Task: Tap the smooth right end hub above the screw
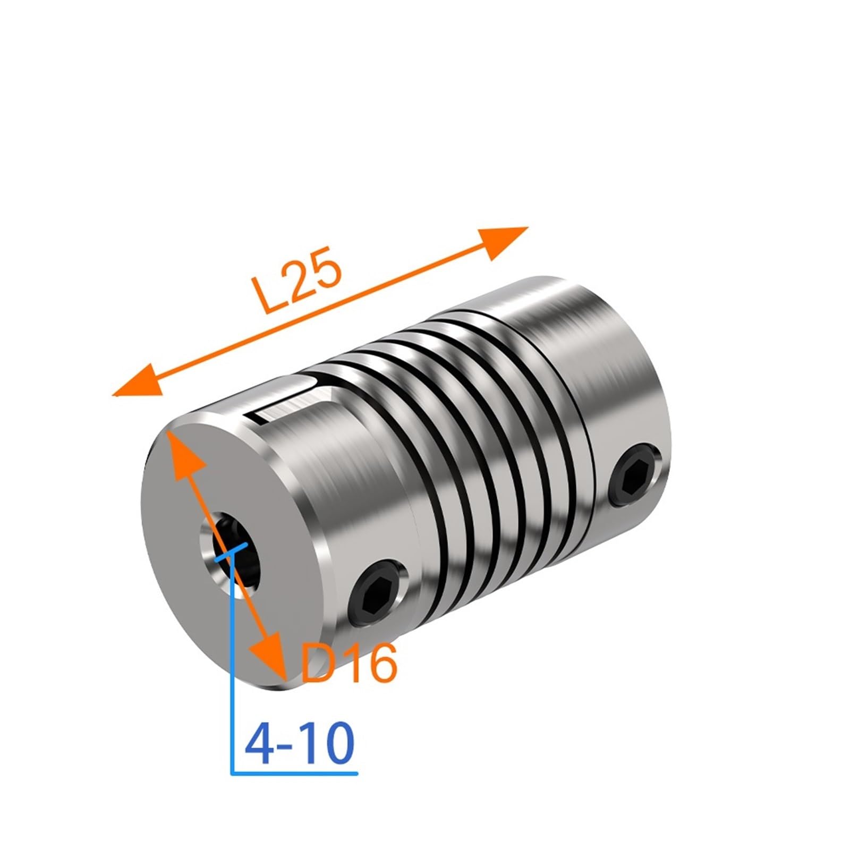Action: point(595,361)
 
